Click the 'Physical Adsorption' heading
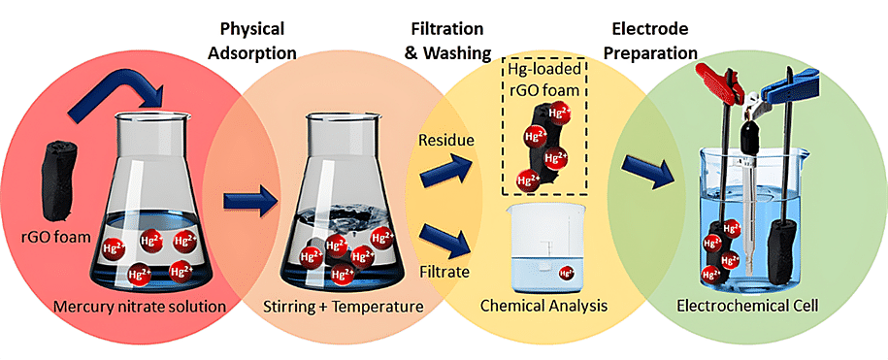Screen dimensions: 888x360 (252, 40)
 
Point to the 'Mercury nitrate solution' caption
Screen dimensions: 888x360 (140, 307)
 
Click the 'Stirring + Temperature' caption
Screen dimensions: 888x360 (344, 307)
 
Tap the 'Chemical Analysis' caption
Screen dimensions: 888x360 (543, 306)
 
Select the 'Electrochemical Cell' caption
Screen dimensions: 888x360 (747, 306)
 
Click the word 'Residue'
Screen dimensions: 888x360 (445, 141)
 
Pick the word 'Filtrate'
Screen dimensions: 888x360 (444, 272)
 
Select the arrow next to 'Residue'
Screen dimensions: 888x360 (445, 172)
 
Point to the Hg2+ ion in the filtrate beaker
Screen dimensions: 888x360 (567, 273)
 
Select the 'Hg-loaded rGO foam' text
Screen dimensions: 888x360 (544, 81)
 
